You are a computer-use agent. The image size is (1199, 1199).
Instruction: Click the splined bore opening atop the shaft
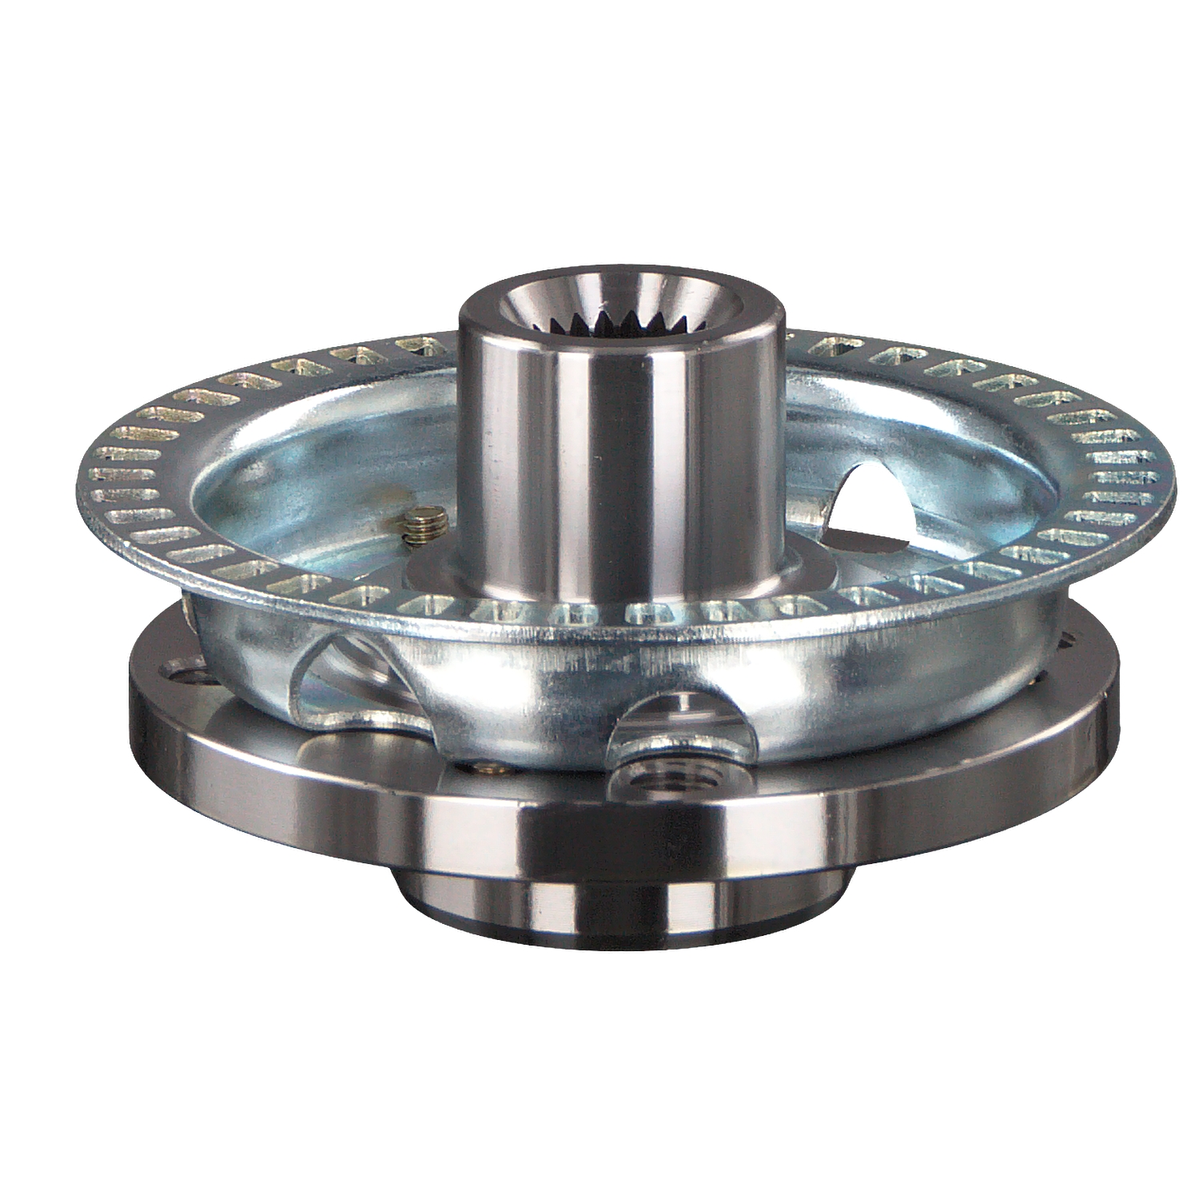(621, 316)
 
